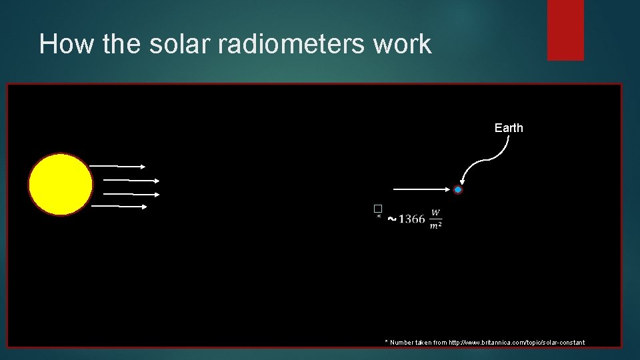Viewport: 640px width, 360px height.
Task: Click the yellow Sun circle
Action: pos(60,185)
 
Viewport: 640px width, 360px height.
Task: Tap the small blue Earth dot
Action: pos(458,190)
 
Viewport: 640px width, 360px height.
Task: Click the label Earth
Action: pos(509,128)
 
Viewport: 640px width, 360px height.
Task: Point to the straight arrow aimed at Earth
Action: pos(420,190)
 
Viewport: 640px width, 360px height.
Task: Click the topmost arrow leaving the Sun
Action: pos(117,165)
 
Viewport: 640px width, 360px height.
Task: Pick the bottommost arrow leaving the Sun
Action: pos(119,206)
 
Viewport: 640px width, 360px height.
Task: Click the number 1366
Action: pos(411,219)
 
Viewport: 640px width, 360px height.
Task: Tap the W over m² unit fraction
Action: pos(435,219)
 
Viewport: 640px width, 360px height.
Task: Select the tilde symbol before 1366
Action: pos(391,219)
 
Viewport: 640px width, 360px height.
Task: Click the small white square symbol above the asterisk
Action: pos(377,209)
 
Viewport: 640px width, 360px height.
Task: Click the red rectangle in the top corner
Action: pos(565,30)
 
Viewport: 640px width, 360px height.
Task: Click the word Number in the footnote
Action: pos(403,343)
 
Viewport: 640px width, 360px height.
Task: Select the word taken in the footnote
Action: pos(427,343)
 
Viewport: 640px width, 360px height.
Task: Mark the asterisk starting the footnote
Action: pos(386,341)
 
